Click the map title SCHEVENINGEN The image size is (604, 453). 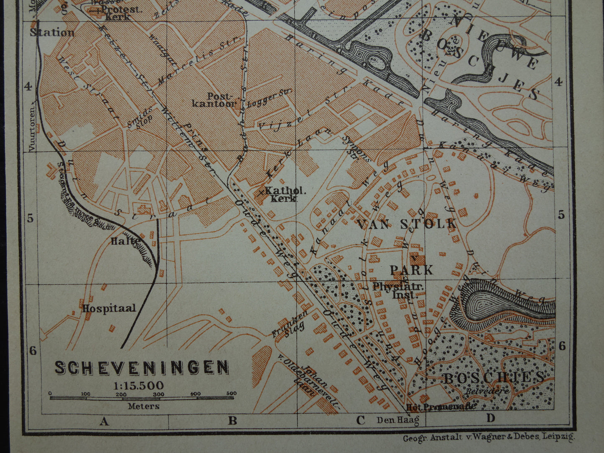pyautogui.click(x=142, y=367)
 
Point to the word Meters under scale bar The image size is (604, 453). pyautogui.click(x=143, y=406)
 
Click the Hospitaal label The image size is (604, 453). pyautogui.click(x=109, y=308)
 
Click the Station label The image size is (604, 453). pyautogui.click(x=52, y=33)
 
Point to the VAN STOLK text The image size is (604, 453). pyautogui.click(x=406, y=224)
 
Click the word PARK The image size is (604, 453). pyautogui.click(x=412, y=270)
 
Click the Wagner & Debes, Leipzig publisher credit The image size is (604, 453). pyautogui.click(x=488, y=438)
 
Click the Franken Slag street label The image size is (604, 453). pyautogui.click(x=290, y=324)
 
